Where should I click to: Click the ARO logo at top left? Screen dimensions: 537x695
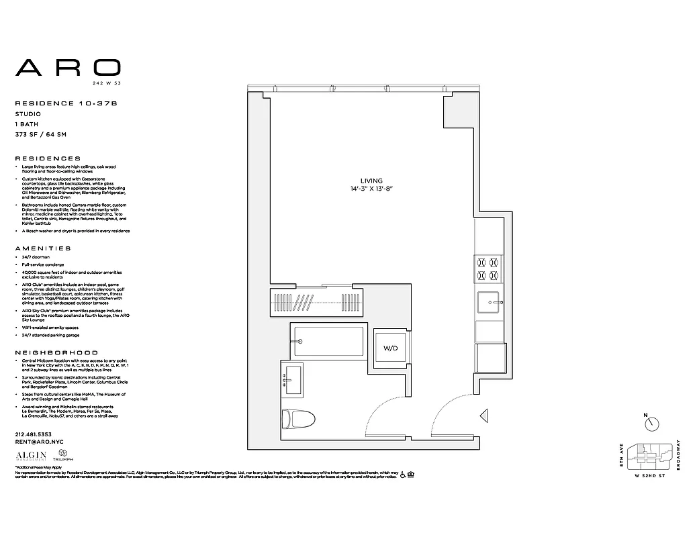(68, 67)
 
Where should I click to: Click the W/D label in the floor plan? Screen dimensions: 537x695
(390, 349)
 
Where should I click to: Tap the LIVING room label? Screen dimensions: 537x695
(371, 181)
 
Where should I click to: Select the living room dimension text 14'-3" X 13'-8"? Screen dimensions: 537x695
(371, 190)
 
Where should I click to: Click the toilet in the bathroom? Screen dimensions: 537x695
(295, 418)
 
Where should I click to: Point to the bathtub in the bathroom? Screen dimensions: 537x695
(327, 341)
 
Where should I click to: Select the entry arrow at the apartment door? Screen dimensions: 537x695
(483, 416)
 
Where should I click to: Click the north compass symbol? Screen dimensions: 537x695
(651, 424)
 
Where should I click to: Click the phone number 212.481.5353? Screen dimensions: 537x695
(33, 434)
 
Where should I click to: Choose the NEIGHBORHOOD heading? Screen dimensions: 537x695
(56, 352)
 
